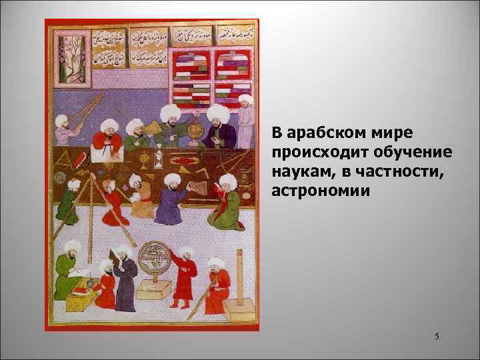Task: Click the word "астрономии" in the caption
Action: point(307,191)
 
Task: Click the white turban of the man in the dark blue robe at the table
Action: point(217,111)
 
